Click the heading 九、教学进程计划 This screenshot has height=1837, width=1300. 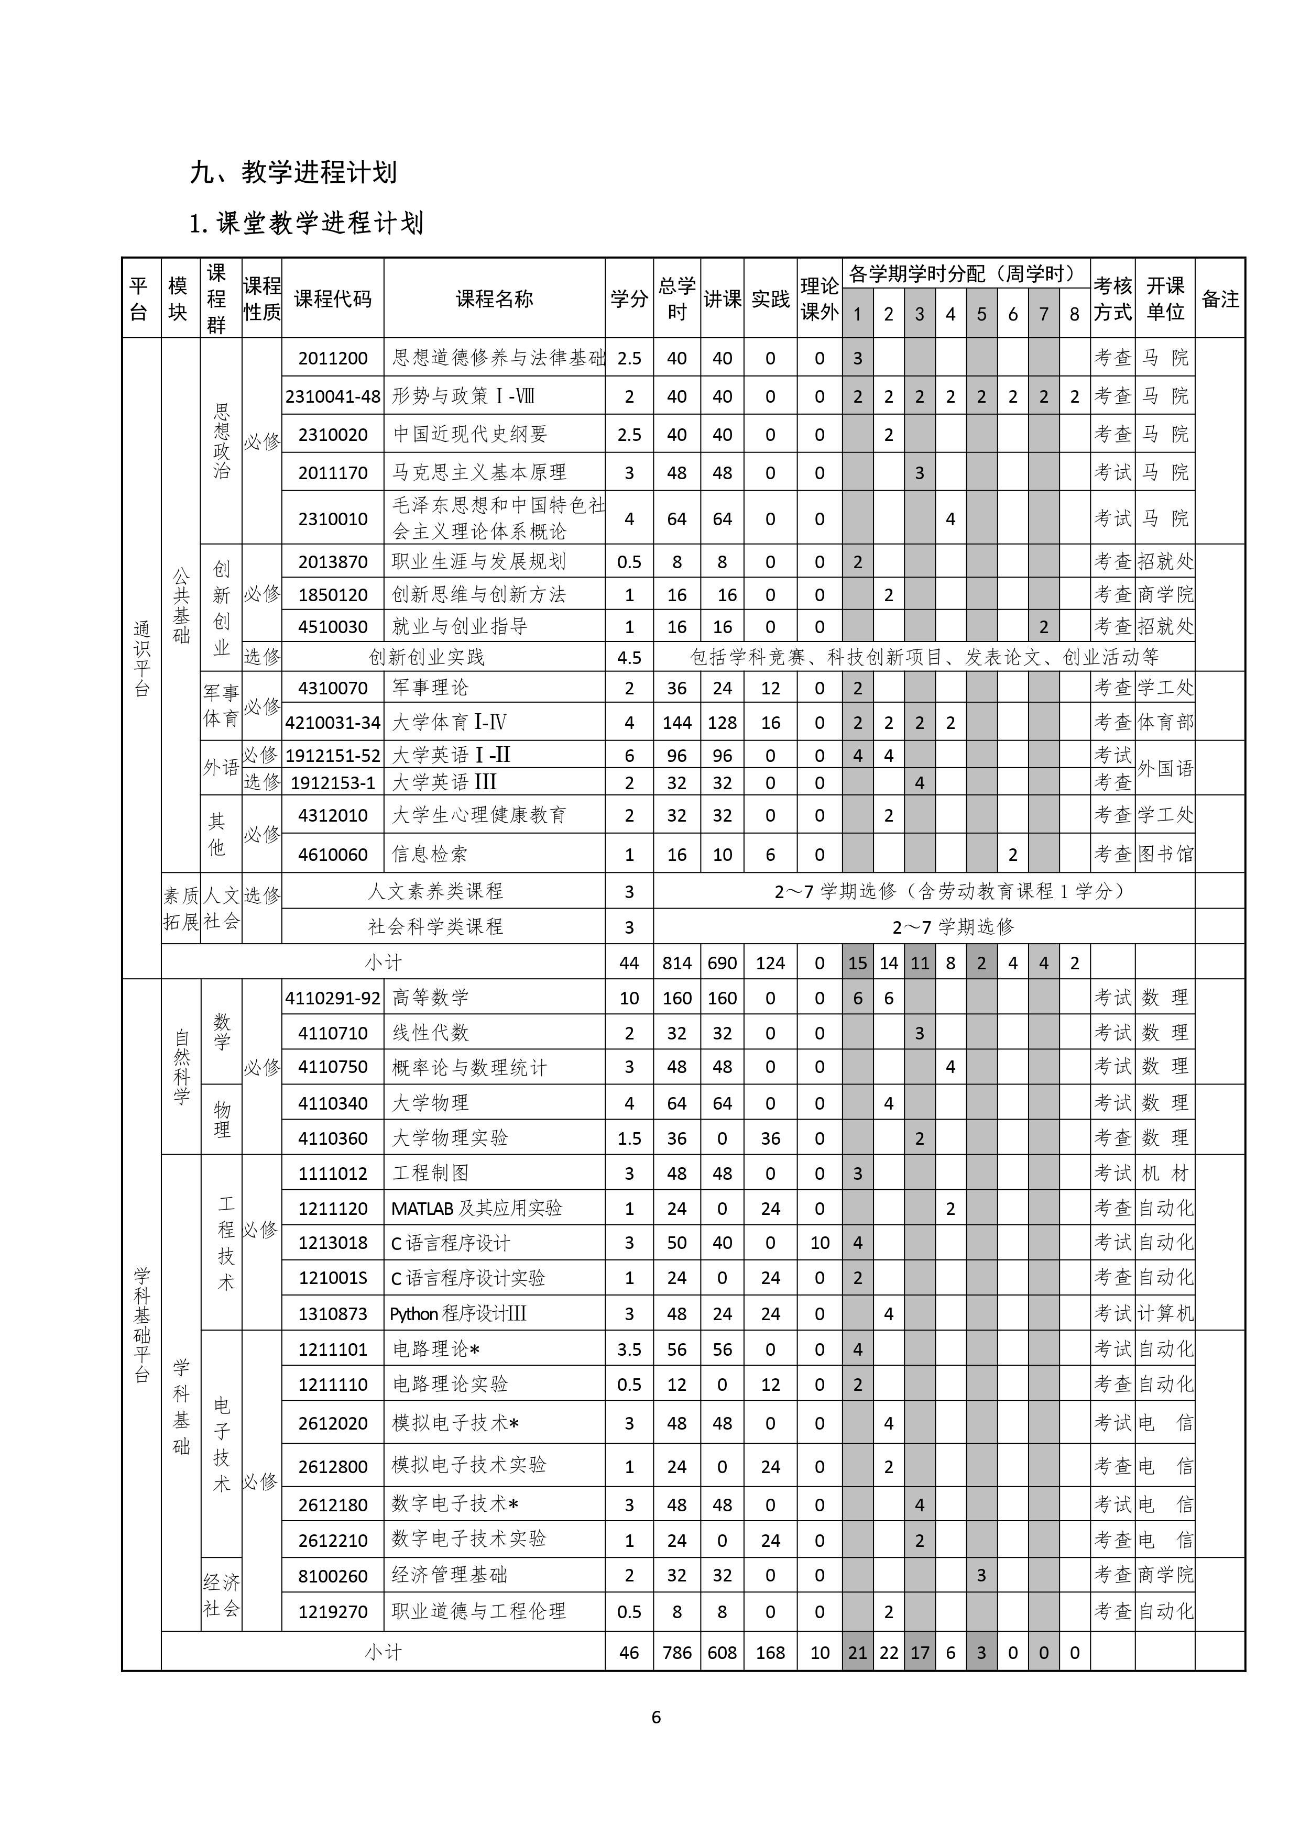[293, 172]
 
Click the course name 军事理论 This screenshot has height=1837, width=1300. [430, 687]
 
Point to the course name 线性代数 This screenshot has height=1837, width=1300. [430, 1032]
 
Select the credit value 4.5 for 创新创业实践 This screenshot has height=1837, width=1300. [629, 658]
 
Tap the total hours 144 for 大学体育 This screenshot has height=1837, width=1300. [676, 723]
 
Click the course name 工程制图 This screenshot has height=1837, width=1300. [430, 1173]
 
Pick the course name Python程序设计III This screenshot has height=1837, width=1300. [458, 1314]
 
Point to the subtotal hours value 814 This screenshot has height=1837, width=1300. [676, 962]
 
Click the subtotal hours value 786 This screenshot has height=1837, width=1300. [676, 1653]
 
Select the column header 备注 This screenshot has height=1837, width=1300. [1220, 299]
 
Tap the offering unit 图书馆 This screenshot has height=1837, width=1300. [1165, 855]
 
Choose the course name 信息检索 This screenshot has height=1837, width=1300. [430, 855]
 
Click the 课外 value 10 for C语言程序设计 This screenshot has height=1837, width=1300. [820, 1243]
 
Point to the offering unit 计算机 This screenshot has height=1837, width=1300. [1165, 1314]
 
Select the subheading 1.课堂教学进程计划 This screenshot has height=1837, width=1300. [306, 223]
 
